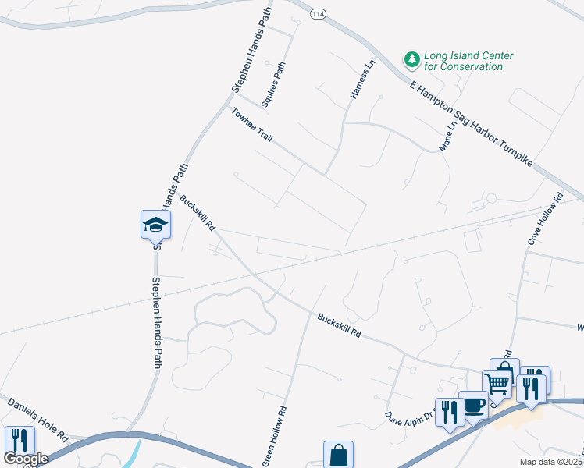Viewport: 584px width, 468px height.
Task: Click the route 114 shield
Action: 318,14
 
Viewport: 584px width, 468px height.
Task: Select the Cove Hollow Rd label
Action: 544,221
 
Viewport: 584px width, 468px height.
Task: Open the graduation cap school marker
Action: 155,225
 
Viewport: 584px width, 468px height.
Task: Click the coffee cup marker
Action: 473,405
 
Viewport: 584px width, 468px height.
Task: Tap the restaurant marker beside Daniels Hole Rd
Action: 18,440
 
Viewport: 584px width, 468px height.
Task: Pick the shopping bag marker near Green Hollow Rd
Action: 338,455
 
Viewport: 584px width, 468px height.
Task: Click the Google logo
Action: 26,459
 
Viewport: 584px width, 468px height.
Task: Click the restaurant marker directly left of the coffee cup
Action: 450,411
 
